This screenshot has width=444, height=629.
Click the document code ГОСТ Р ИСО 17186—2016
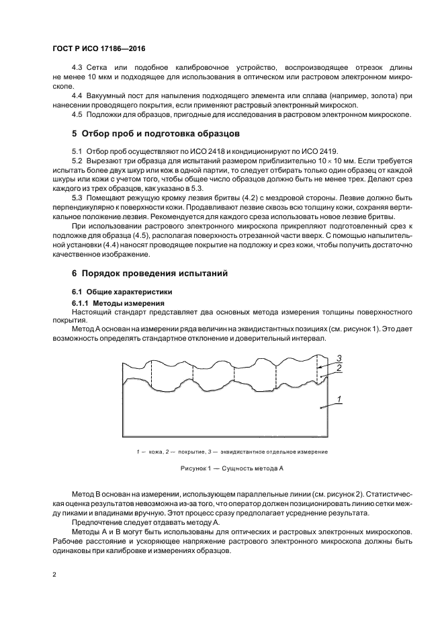tap(98, 49)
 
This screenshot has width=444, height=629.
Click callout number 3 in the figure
tap(340, 357)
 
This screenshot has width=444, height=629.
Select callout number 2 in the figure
tap(340, 368)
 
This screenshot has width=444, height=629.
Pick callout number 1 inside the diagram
tap(340, 401)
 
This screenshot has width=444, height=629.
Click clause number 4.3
tap(77, 69)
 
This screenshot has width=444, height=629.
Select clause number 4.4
tap(77, 95)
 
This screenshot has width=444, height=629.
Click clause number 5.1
tap(77, 152)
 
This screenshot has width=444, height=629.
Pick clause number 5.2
tap(77, 161)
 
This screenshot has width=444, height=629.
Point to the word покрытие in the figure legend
tap(191, 452)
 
